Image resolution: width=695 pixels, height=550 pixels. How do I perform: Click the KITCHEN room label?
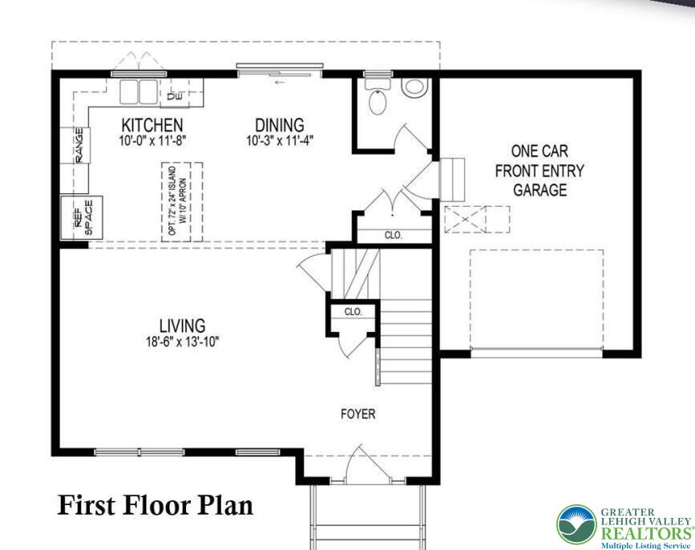pos(152,125)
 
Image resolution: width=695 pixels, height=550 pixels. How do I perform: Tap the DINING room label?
pos(280,125)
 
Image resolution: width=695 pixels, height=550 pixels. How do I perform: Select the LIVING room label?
pos(182,326)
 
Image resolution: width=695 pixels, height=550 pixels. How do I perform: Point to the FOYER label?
pos(358,415)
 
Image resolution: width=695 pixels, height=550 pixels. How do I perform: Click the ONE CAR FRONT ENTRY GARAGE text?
pos(539,170)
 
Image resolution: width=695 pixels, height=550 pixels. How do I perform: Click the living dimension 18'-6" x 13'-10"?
pos(182,341)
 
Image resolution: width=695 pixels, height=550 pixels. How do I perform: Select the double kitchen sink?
pos(139,91)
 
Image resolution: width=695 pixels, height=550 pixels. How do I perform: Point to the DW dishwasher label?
pos(175,97)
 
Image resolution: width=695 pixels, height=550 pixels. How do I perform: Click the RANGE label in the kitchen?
pos(79,145)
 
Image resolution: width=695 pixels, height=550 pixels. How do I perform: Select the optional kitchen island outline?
pos(183,201)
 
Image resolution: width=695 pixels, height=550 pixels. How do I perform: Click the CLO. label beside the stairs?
pos(354,311)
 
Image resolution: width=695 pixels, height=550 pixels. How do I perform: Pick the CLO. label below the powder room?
pos(393,236)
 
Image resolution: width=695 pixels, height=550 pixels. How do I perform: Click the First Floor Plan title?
pos(155,505)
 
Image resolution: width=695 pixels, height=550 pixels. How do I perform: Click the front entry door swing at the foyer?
pos(355,467)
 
